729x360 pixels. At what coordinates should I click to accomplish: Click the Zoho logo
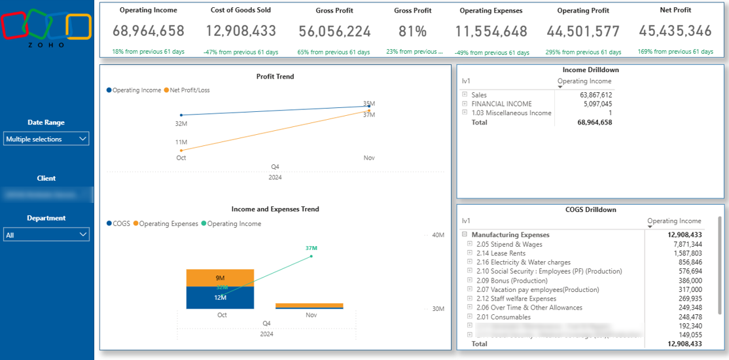[46, 29]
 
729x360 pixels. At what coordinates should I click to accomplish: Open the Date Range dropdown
[46, 139]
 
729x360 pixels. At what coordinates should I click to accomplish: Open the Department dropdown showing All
[46, 234]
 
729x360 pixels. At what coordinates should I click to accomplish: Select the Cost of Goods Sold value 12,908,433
[241, 31]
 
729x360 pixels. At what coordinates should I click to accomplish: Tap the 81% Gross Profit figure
[412, 31]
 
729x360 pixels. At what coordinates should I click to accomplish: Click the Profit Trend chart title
[275, 77]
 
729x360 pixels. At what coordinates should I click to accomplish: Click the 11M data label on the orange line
[181, 142]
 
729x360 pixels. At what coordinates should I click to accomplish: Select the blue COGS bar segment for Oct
[220, 298]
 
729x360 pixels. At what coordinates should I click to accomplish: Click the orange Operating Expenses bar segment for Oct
[220, 278]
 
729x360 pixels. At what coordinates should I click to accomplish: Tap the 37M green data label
[311, 248]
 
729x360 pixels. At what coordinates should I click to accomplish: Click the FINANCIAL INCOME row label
[501, 104]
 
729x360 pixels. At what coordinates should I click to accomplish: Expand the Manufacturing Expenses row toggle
[464, 235]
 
